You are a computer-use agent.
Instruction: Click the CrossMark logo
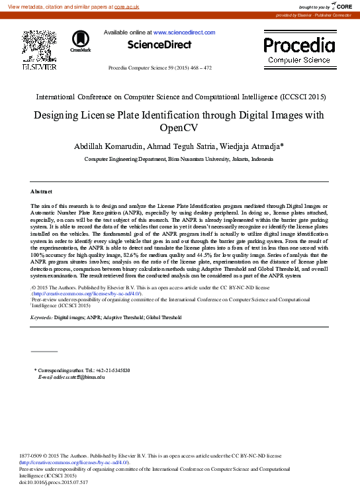tap(80, 41)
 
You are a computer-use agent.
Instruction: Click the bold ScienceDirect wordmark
tap(159, 45)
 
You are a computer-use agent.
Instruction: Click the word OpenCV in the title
tap(179, 128)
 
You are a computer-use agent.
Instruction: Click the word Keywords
tap(41, 318)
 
